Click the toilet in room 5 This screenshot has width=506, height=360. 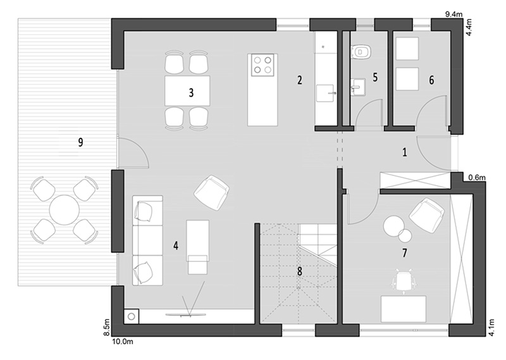[x=361, y=51]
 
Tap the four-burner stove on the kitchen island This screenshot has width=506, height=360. [x=262, y=65]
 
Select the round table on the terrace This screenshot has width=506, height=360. [x=65, y=210]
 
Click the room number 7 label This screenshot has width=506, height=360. [x=404, y=253]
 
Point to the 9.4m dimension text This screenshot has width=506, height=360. [x=454, y=14]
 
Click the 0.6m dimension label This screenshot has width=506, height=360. [x=477, y=177]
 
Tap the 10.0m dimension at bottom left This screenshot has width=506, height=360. [x=122, y=341]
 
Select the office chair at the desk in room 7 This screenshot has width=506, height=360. [x=402, y=282]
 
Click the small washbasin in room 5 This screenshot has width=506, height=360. [x=358, y=87]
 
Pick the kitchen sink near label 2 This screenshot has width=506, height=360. [x=325, y=93]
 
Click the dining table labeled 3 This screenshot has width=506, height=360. [x=187, y=90]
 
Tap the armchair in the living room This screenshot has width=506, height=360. [x=212, y=192]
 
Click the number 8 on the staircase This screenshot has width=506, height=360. [x=300, y=271]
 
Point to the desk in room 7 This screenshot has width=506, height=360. [x=404, y=309]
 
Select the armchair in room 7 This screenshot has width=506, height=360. [x=426, y=214]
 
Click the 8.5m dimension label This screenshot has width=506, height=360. [x=108, y=327]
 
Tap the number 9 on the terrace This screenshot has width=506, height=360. [x=80, y=142]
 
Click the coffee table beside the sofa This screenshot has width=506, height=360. [x=197, y=247]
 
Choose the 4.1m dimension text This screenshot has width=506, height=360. [x=491, y=327]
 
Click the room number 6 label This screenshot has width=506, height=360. [x=431, y=80]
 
